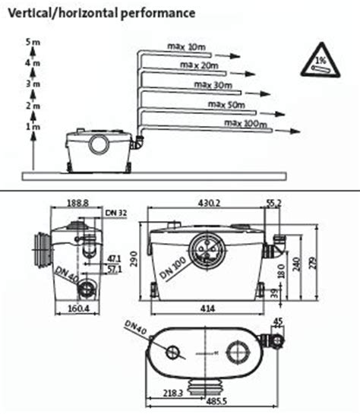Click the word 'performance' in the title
pyautogui.click(x=158, y=14)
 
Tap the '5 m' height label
pyautogui.click(x=33, y=42)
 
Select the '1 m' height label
pyautogui.click(x=33, y=127)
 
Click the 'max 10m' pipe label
pyautogui.click(x=186, y=47)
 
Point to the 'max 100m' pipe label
pyautogui.click(x=245, y=123)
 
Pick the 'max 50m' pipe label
pyautogui.click(x=226, y=105)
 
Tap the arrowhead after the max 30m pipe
pyautogui.click(x=264, y=93)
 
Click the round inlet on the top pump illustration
pyautogui.click(x=99, y=144)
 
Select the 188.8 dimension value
pyautogui.click(x=77, y=203)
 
